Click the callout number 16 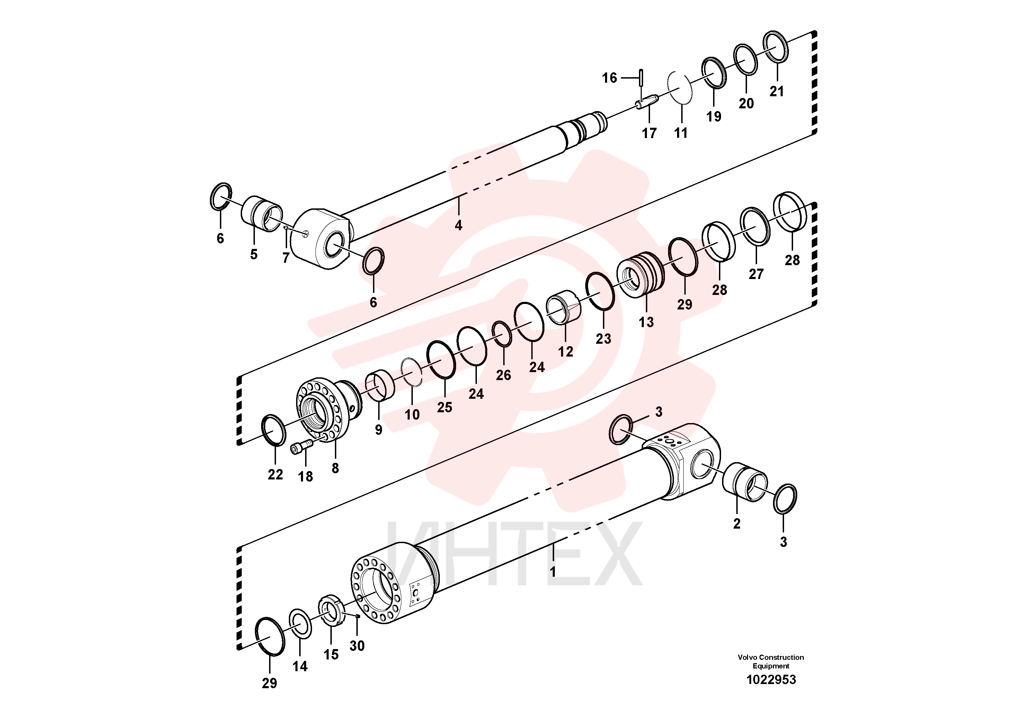[x=609, y=78]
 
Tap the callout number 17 [x=649, y=133]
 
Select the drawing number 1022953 [x=771, y=680]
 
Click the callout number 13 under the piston [x=646, y=322]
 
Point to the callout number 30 [x=357, y=646]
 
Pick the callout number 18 [x=305, y=477]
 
